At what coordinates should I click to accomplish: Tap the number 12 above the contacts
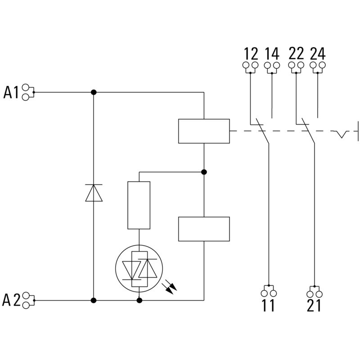point(251,54)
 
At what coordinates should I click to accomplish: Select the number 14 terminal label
point(272,54)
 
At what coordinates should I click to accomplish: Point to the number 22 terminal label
point(296,54)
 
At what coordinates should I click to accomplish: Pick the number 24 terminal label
point(318,54)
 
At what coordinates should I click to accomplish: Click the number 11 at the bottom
point(268,306)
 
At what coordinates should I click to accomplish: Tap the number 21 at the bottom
point(314,306)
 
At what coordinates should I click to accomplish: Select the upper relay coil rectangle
point(204,131)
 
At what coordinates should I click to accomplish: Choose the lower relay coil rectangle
point(204,229)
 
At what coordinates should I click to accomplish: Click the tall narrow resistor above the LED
point(139,205)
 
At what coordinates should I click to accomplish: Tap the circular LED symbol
point(139,269)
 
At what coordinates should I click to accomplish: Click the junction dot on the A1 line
point(94,92)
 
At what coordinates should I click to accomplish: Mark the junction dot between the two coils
point(204,172)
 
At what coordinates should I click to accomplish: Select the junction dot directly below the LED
point(139,300)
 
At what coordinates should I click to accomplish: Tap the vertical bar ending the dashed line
point(358,131)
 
